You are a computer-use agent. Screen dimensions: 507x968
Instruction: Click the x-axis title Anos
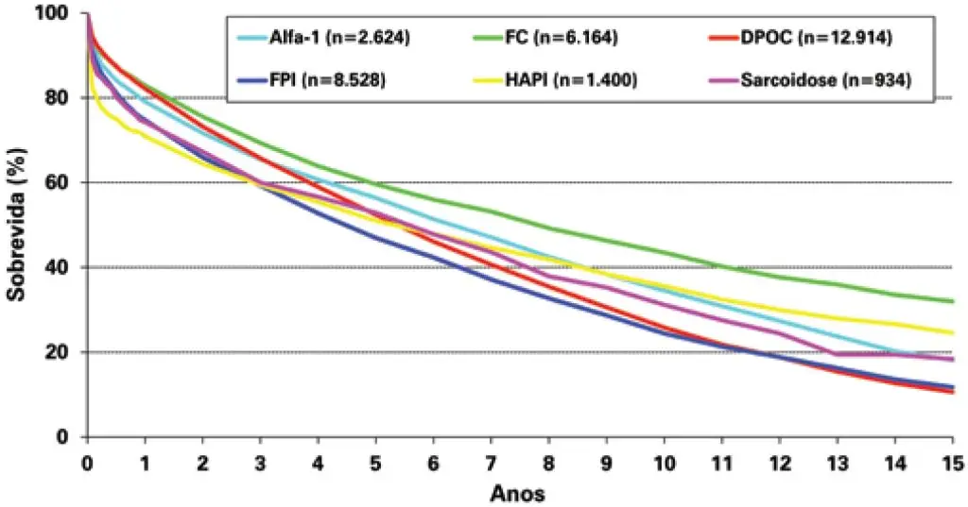coord(517,493)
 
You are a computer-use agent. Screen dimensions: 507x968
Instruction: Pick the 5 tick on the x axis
coord(375,464)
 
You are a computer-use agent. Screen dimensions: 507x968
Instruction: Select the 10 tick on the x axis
coord(664,464)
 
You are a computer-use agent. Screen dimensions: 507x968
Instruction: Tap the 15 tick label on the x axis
coord(952,464)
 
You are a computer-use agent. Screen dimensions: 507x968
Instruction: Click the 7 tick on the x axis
coord(491,464)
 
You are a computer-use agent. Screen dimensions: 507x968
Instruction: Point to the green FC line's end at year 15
coord(952,301)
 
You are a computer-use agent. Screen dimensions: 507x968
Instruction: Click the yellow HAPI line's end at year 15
coord(952,332)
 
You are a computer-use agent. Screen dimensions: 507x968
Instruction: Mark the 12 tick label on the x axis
coord(779,464)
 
